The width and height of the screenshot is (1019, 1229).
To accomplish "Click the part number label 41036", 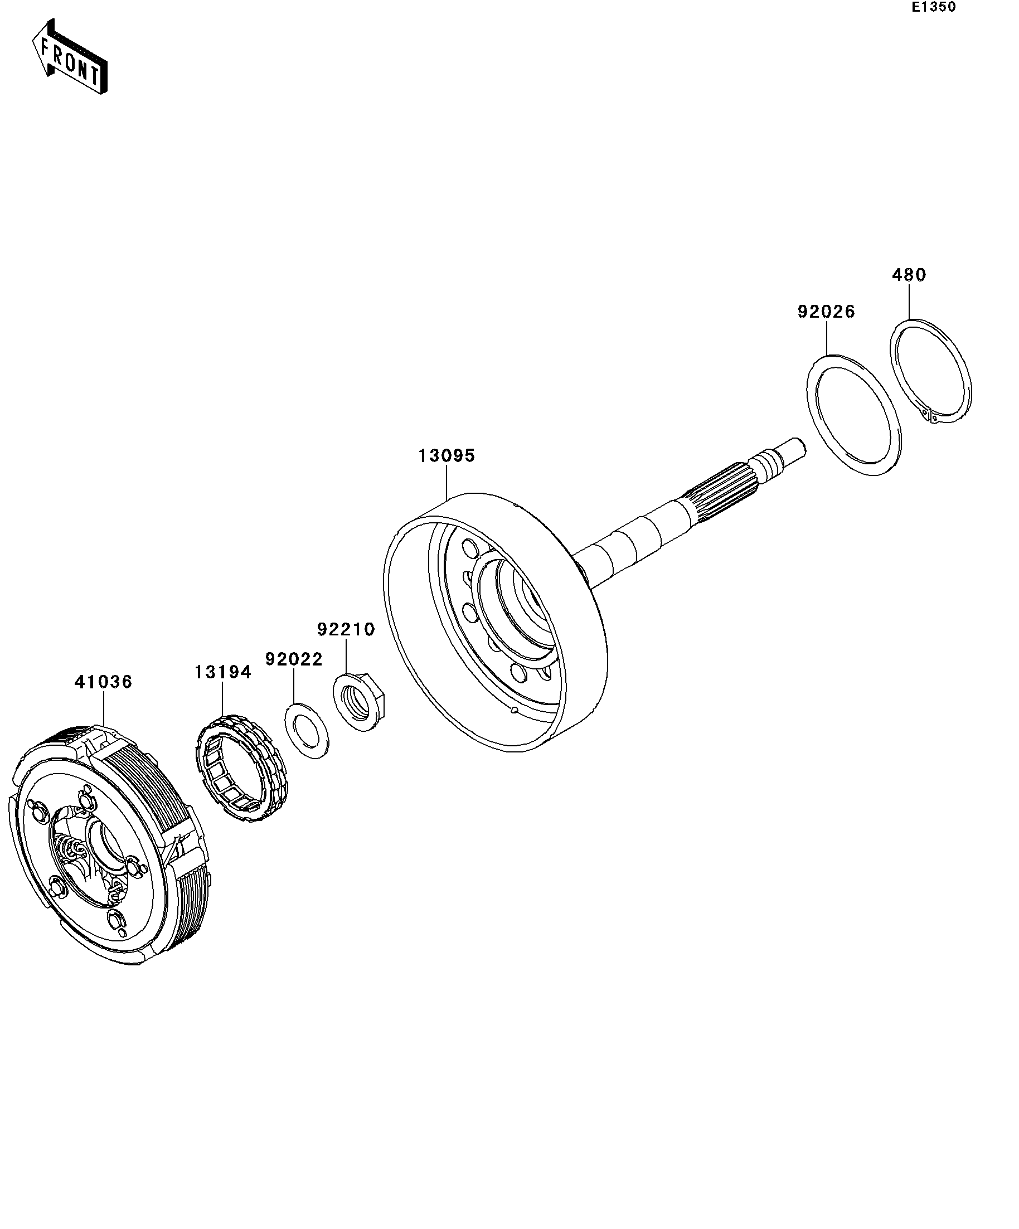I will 103,682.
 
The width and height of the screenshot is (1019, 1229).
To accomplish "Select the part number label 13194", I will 222,672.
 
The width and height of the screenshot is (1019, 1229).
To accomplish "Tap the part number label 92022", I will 294,659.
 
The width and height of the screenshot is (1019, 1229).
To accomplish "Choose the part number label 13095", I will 446,456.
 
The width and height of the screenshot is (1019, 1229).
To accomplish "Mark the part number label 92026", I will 826,312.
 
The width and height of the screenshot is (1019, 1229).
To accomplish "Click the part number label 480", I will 909,275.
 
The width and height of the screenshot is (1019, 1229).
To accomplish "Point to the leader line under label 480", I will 909,302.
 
